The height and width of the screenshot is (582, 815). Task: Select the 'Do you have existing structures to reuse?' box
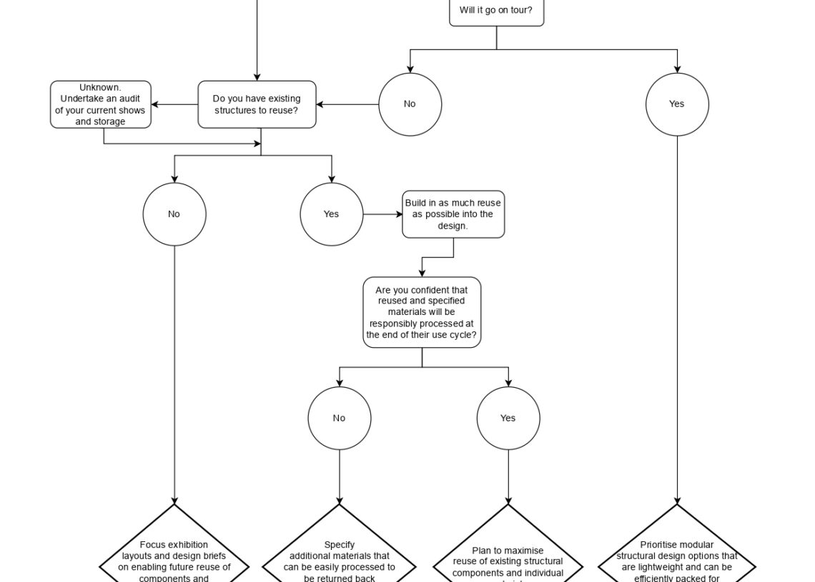257,105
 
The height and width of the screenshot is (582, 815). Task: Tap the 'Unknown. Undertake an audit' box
101,105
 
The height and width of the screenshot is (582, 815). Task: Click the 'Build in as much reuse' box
453,214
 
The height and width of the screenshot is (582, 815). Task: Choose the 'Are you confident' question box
422,312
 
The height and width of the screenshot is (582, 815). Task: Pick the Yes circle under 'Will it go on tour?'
677,104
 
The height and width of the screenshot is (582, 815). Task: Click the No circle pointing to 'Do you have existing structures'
410,104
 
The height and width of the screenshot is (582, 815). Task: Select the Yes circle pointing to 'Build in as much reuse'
332,214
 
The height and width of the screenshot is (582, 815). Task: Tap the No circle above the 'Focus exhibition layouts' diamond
174,214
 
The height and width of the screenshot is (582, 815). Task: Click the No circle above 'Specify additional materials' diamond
340,418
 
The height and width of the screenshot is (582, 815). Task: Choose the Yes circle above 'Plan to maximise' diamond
508,418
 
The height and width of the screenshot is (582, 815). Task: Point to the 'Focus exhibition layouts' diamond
174,557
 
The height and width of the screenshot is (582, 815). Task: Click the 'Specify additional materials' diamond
340,557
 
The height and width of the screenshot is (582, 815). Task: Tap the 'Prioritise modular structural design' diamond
677,557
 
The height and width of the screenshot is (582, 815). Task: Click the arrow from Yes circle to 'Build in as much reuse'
382,214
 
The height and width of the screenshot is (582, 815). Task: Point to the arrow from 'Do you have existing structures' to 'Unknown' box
174,105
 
